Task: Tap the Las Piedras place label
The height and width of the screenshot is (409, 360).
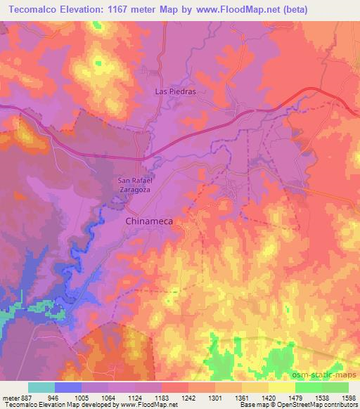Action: (174, 91)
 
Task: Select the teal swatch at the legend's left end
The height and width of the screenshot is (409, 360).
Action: (41, 387)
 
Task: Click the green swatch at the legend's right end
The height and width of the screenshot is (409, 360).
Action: (335, 387)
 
